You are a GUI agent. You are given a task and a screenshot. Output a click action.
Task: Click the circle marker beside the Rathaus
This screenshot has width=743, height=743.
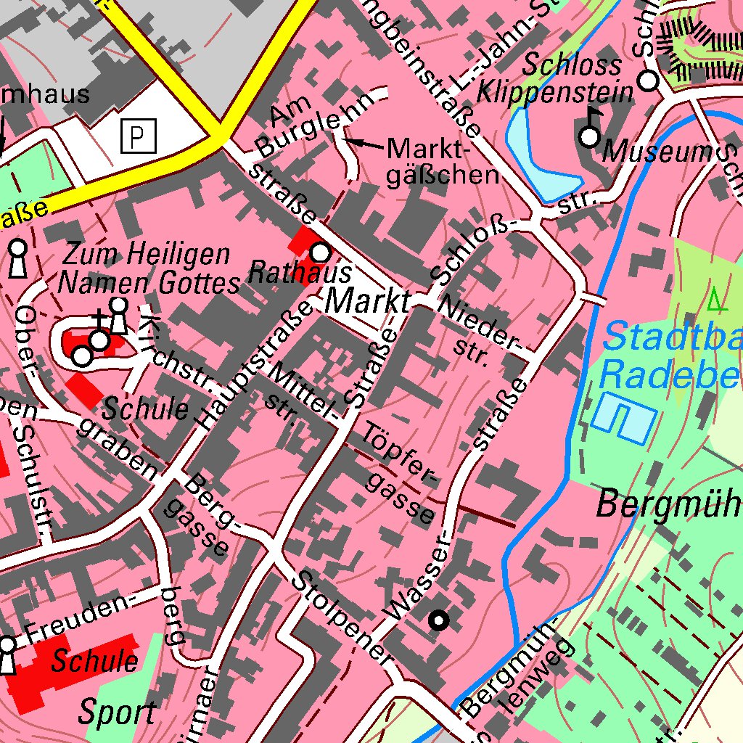click(320, 253)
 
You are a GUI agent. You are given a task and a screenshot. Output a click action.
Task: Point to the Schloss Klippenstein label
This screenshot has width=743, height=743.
click(577, 78)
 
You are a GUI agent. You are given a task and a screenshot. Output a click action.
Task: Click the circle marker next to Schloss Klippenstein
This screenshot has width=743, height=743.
click(648, 81)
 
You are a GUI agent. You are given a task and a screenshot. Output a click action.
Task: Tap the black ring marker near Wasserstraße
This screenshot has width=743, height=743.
click(439, 620)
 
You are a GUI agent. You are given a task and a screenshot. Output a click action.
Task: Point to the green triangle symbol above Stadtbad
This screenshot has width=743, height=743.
click(716, 297)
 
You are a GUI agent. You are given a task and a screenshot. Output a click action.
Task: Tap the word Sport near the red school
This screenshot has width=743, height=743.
click(118, 713)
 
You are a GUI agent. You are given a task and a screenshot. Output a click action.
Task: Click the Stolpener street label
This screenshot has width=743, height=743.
click(341, 617)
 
